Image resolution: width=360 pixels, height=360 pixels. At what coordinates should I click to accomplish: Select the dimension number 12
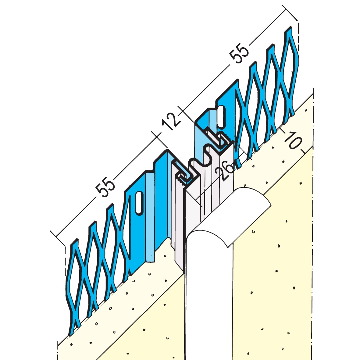(x=171, y=122)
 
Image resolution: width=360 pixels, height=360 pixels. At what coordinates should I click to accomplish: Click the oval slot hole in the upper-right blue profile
(x=221, y=116)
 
